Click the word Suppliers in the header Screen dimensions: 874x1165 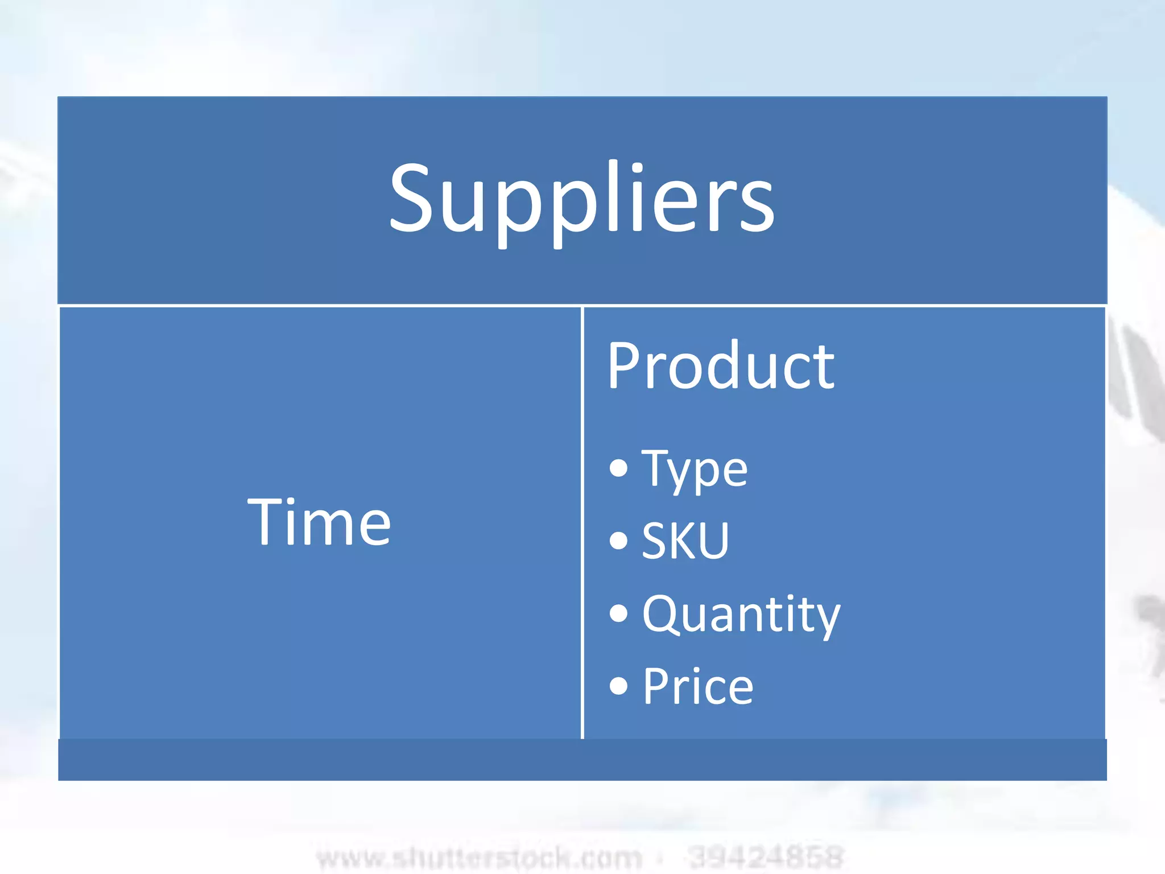coord(581,199)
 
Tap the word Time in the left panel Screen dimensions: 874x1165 coord(319,522)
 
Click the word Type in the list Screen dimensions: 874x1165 coord(695,470)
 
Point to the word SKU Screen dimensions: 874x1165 coord(685,541)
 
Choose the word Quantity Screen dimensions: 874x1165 coord(741,614)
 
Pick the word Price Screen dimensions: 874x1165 coord(698,686)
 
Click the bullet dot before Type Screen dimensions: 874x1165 coord(618,468)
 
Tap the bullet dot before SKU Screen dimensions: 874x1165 coord(618,540)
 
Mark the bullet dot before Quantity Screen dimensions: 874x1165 coord(618,613)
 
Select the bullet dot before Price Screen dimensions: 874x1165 coord(618,686)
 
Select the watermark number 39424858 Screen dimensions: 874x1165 coord(765,857)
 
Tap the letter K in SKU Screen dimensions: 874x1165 coord(684,541)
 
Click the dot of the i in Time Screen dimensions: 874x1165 coord(298,501)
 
